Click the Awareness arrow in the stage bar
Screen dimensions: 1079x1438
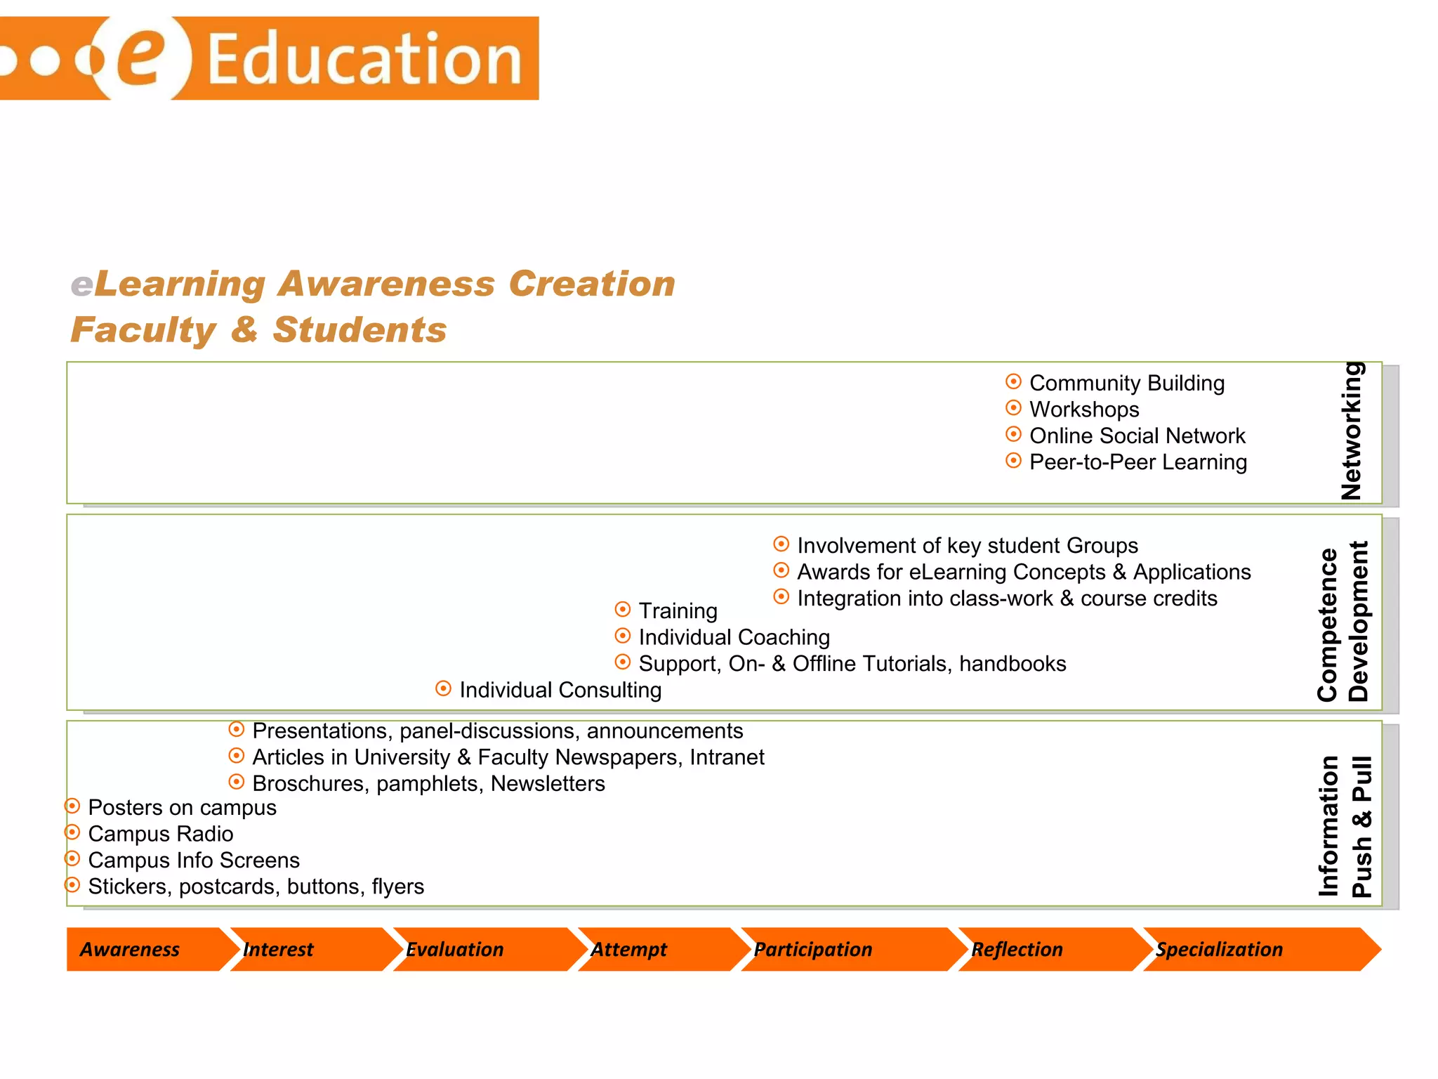pyautogui.click(x=133, y=949)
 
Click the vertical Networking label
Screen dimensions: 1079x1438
pyautogui.click(x=1352, y=431)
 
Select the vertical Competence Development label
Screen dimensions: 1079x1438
pyautogui.click(x=1343, y=622)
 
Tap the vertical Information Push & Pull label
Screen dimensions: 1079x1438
pyautogui.click(x=1345, y=826)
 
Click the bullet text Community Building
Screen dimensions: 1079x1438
pyautogui.click(x=1126, y=383)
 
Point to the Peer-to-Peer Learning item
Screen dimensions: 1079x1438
pyautogui.click(x=1137, y=462)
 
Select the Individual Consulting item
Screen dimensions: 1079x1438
pyautogui.click(x=560, y=690)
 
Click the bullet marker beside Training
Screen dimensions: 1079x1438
pyautogui.click(x=622, y=609)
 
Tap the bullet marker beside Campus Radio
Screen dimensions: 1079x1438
pyautogui.click(x=72, y=832)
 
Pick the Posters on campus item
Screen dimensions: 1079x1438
pyautogui.click(x=182, y=807)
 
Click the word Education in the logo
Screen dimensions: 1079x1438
pyautogui.click(x=364, y=59)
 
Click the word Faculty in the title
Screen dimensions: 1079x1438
pyautogui.click(x=144, y=330)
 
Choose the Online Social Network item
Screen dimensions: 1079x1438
pyautogui.click(x=1137, y=436)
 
